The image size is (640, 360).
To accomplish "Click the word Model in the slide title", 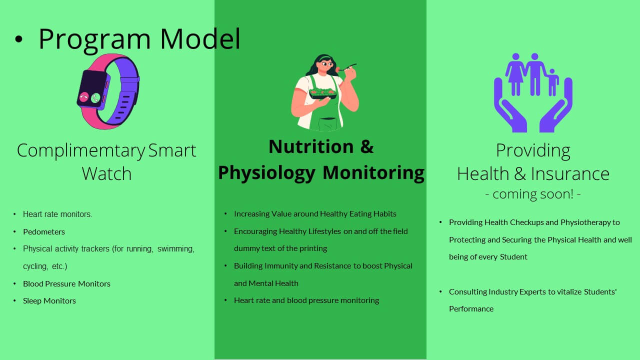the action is click(200, 39).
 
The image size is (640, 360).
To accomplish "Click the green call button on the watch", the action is click(95, 98).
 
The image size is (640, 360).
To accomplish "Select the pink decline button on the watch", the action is click(83, 97).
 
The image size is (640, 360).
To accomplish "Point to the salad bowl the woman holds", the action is click(323, 93).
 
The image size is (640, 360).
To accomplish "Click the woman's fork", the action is click(346, 67).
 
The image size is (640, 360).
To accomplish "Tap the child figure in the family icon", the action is click(552, 82).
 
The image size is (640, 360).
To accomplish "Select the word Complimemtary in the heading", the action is click(81, 151).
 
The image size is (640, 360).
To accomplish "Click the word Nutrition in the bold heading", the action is click(311, 146).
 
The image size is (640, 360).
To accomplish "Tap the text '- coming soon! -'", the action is click(533, 194).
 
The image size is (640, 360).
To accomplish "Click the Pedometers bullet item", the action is click(44, 231).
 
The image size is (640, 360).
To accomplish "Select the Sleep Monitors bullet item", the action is click(49, 301).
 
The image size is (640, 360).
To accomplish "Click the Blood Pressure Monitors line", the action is click(66, 283).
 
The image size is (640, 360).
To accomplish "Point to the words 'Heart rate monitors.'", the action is click(57, 214).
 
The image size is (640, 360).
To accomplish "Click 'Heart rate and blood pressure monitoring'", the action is click(306, 300).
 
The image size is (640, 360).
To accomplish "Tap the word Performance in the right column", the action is click(471, 309).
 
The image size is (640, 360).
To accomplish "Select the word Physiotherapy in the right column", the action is click(585, 222).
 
